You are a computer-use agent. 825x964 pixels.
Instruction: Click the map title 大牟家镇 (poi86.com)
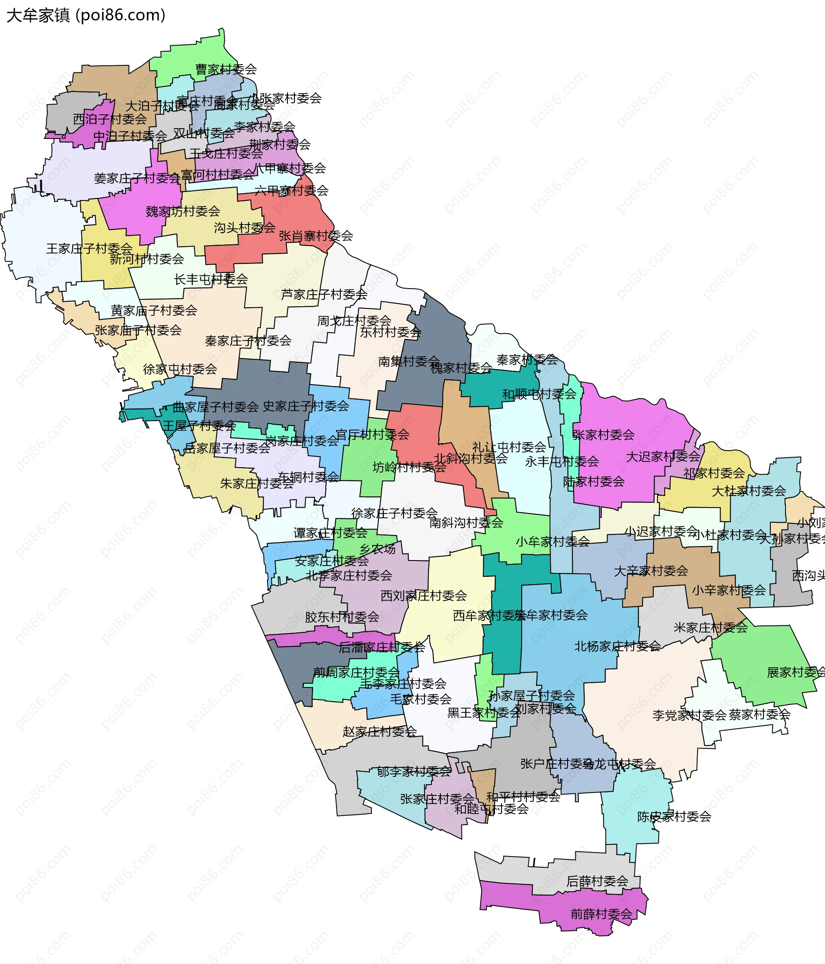click(x=86, y=15)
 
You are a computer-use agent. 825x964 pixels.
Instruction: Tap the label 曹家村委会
click(x=226, y=69)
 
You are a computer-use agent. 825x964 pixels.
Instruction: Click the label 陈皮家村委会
click(x=674, y=816)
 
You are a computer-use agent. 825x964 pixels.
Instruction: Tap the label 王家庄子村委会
click(x=89, y=249)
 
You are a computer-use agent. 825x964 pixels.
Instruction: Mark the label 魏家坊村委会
click(x=183, y=211)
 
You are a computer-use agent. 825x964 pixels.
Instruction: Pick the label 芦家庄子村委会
click(x=324, y=295)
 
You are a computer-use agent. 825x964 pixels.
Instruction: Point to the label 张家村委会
click(x=603, y=435)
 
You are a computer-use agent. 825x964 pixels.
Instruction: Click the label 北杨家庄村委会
click(x=617, y=646)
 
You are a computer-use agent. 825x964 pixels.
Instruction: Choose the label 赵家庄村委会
click(x=380, y=732)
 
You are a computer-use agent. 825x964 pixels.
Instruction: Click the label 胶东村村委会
click(x=342, y=617)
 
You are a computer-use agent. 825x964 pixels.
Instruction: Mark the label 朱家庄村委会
click(x=257, y=484)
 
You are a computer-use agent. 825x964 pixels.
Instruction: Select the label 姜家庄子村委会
click(x=137, y=178)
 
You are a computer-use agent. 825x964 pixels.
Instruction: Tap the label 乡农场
click(x=377, y=549)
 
